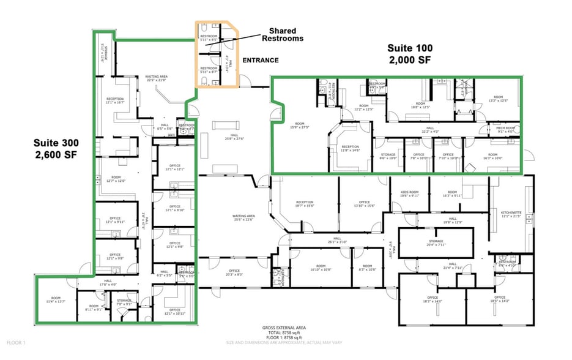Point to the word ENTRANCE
261,61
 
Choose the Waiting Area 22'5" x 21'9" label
156,78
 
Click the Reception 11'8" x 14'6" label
351,148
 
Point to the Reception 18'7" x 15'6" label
305,204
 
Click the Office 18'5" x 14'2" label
499,300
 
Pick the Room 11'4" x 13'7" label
56,299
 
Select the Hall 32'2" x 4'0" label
431,129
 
